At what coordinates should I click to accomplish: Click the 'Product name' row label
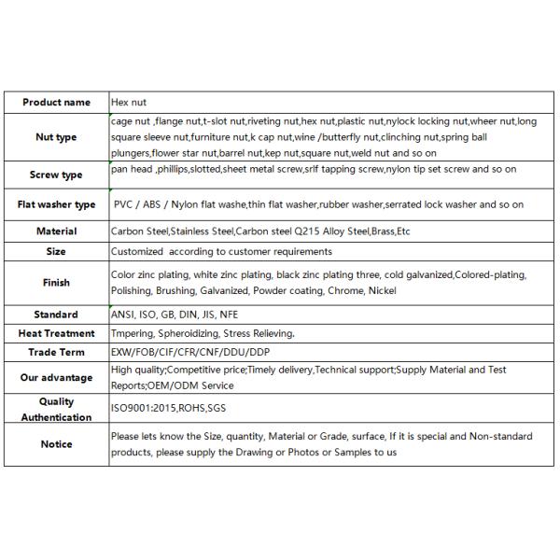[56, 103]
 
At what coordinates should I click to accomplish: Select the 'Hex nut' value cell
[129, 103]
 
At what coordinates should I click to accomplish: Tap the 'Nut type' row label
[56, 137]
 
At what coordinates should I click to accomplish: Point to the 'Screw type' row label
[56, 175]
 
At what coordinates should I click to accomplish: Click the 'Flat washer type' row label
[56, 204]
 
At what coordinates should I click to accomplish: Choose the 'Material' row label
[56, 231]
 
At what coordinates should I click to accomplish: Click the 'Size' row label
[56, 251]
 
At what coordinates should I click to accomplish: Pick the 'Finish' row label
[56, 283]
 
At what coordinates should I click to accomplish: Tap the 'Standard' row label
[56, 315]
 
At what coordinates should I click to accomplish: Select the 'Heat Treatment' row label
[56, 333]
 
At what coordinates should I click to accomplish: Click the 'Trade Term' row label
[56, 352]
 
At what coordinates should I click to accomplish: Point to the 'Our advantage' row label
[56, 378]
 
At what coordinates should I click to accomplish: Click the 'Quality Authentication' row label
[56, 410]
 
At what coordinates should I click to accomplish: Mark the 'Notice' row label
[56, 444]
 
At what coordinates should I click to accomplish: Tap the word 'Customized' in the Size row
[136, 251]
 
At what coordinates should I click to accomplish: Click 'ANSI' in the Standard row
[123, 315]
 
